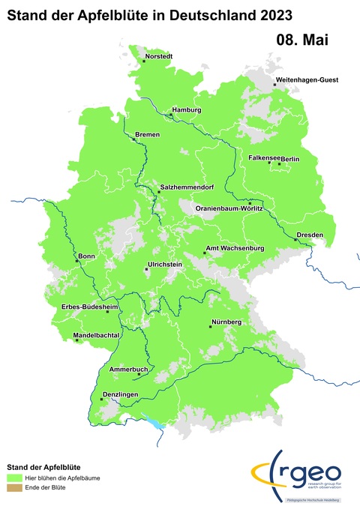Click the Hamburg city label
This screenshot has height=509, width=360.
tap(187, 110)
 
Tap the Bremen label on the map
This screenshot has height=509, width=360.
tap(147, 134)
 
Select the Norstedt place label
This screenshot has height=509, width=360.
tap(159, 56)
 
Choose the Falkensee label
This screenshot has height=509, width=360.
tap(264, 158)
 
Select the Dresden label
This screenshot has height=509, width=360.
tap(310, 235)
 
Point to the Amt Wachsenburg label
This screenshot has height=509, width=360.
tap(235, 248)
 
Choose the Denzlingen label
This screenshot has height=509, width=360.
tap(118, 394)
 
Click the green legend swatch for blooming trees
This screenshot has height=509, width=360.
tap(13, 477)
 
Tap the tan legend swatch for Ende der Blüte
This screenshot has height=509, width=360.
tap(13, 487)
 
